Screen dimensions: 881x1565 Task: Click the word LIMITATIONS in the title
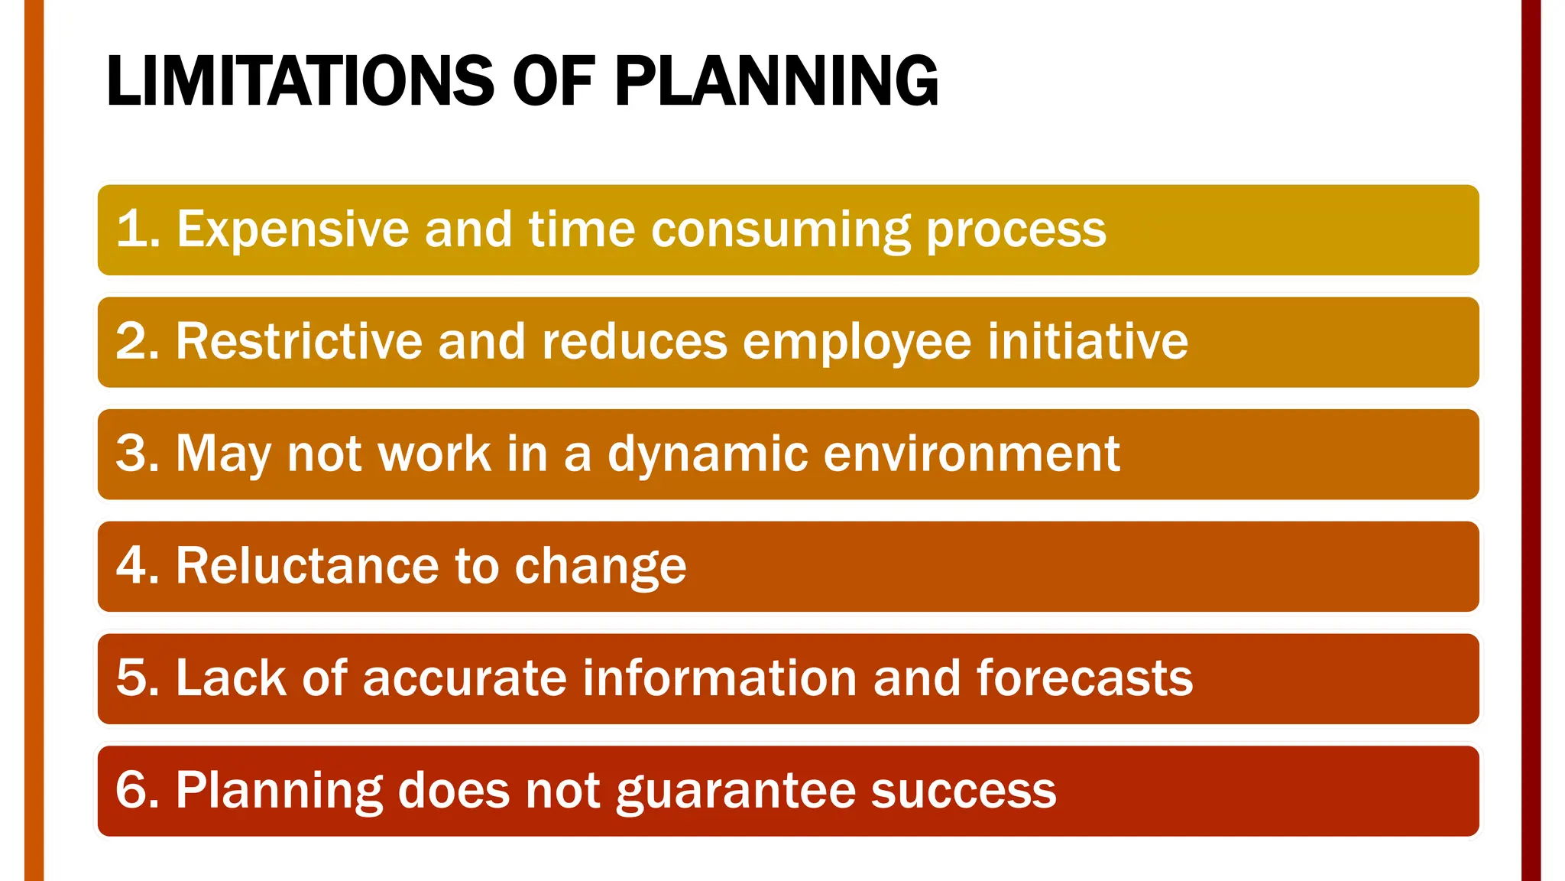300,81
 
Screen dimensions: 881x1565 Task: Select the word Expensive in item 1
293,229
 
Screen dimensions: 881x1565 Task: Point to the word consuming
781,229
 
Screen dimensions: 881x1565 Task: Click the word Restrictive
299,341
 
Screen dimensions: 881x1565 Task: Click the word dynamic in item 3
708,454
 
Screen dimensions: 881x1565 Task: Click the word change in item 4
601,566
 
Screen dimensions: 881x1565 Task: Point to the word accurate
464,678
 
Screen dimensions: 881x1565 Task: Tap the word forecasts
1084,678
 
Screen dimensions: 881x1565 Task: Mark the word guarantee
735,791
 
